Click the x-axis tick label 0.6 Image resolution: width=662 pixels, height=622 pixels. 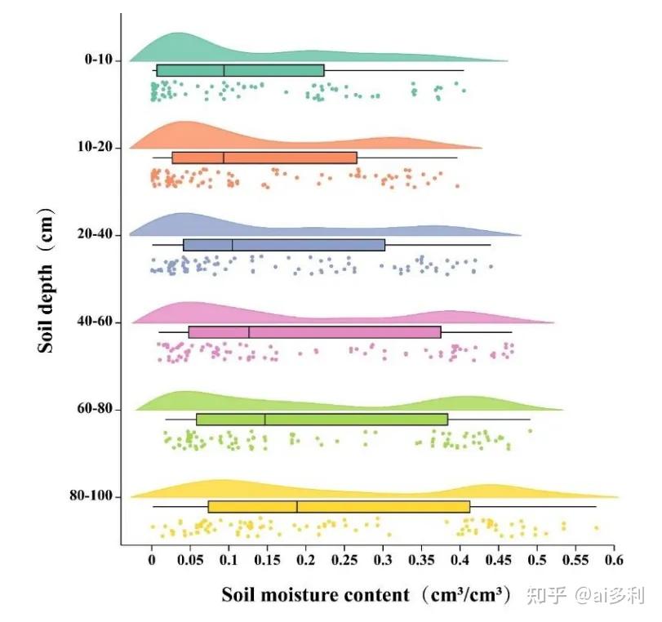click(x=614, y=560)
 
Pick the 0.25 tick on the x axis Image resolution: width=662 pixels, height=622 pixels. click(x=344, y=560)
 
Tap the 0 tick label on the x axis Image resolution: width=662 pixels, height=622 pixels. click(x=152, y=560)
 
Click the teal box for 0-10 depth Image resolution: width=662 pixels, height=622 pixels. click(x=240, y=70)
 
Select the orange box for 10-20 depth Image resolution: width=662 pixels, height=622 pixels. click(x=264, y=158)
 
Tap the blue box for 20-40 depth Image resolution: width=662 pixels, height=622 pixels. click(x=284, y=245)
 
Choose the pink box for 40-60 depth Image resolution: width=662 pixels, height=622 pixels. click(x=314, y=332)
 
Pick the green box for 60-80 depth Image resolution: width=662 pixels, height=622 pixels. click(x=322, y=420)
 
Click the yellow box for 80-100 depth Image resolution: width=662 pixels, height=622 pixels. click(x=339, y=507)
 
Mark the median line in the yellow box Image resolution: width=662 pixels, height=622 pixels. click(x=297, y=507)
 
